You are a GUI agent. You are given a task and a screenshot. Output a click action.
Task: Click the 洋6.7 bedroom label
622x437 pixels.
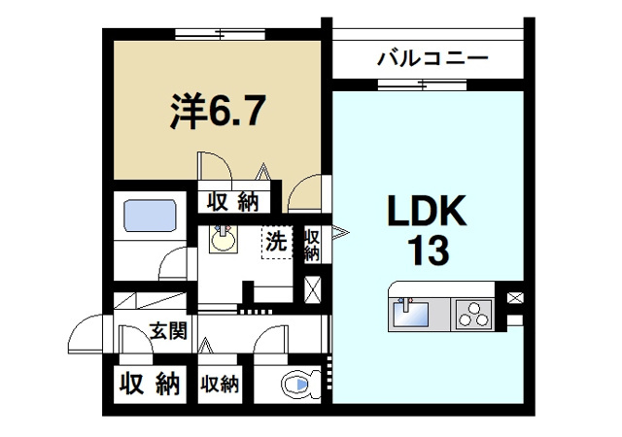[215, 112]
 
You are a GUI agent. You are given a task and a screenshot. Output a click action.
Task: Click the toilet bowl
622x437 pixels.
[296, 387]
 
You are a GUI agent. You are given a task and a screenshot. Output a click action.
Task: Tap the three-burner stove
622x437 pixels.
[474, 315]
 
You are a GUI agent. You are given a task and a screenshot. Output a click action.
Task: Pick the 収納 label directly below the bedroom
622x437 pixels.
[230, 201]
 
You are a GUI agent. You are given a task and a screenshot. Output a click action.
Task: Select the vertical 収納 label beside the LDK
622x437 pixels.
[313, 244]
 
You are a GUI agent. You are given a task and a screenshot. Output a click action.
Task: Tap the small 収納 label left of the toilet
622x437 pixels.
[221, 385]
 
